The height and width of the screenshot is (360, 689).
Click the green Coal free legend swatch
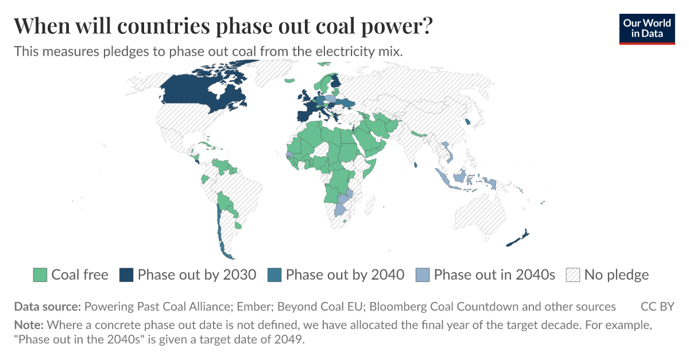tap(40, 275)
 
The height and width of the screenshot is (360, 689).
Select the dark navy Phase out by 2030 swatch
tap(126, 275)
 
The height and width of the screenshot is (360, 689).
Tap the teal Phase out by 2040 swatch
tap(274, 275)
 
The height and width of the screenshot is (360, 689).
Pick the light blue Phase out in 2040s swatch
tap(423, 275)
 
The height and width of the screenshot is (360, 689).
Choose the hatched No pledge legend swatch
tap(573, 275)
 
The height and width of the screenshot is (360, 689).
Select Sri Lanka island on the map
tap(415, 165)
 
